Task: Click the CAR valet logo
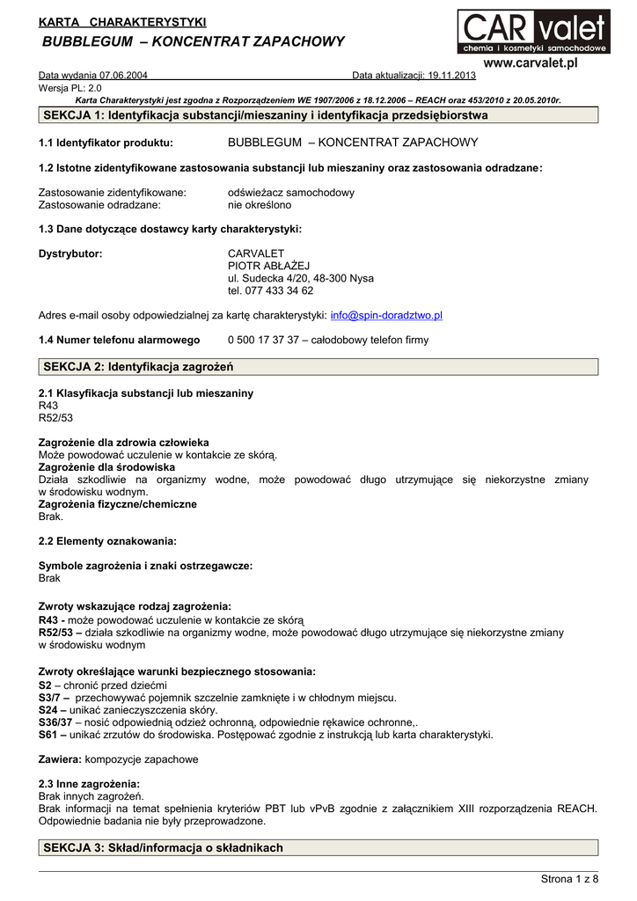point(532,32)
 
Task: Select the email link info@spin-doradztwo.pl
point(386,315)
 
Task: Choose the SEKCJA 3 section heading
point(163,847)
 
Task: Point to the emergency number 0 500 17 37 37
point(263,340)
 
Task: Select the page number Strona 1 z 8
point(569,879)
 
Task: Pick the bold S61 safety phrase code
point(48,734)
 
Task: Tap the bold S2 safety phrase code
point(45,685)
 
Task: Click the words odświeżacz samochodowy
point(291,192)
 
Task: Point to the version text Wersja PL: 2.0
point(70,89)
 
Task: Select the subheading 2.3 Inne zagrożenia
point(89,783)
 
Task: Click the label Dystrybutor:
point(70,253)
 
